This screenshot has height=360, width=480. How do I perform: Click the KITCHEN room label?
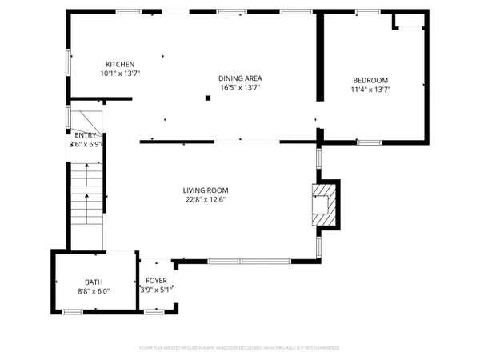click(x=120, y=64)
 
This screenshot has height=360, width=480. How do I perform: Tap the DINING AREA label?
click(x=240, y=78)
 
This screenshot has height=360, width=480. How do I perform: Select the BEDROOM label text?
click(x=370, y=80)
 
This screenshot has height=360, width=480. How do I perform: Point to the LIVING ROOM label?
click(x=206, y=190)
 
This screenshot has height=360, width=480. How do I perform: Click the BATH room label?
click(x=94, y=282)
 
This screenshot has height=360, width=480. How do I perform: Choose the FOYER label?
click(x=155, y=282)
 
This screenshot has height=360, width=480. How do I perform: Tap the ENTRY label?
click(x=85, y=135)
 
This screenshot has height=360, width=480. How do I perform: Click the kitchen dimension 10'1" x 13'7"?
click(x=120, y=74)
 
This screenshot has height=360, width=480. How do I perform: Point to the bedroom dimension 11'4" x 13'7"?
click(x=370, y=90)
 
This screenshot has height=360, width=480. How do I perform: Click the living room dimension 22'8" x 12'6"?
click(x=206, y=200)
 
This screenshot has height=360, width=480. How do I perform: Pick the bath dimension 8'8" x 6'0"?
click(x=94, y=291)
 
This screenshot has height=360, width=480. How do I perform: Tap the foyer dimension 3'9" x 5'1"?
click(x=155, y=290)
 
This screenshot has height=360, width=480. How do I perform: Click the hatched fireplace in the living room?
click(x=324, y=204)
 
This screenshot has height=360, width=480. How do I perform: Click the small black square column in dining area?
click(x=207, y=98)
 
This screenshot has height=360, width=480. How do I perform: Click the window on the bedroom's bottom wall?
click(x=369, y=142)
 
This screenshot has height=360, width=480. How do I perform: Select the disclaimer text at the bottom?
click(x=240, y=348)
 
